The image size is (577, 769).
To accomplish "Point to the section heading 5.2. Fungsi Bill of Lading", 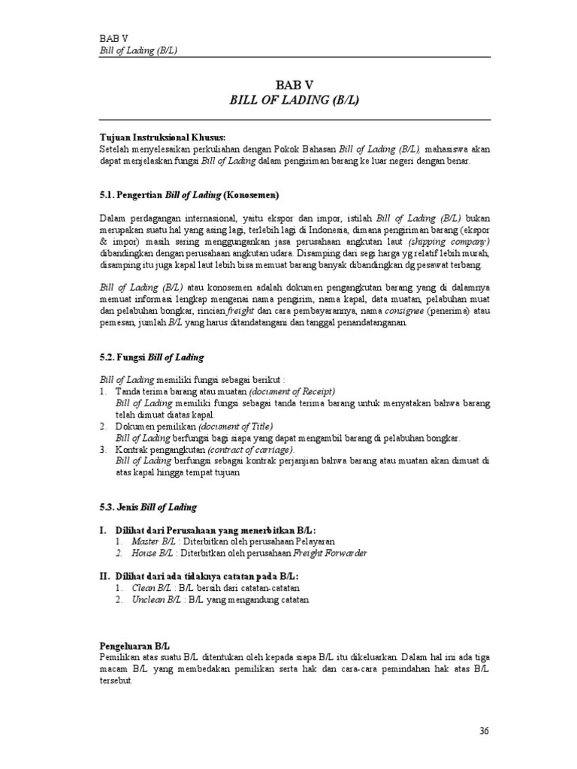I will click(x=151, y=357).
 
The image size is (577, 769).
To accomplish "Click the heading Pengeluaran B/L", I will click(x=135, y=645).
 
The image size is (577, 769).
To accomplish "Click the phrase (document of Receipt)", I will click(x=292, y=392).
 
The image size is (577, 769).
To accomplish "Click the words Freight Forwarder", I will click(x=332, y=553).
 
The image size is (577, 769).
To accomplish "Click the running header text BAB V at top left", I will click(x=113, y=39).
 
